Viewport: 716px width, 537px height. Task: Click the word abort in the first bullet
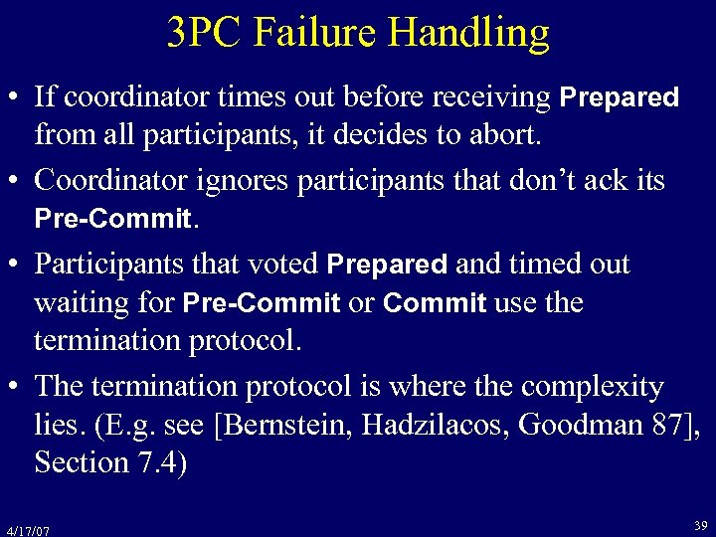(505, 135)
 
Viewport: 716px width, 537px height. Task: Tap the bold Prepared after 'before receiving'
(620, 97)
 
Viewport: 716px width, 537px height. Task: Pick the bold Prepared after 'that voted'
(387, 265)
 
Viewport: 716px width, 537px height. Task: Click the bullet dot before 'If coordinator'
(15, 98)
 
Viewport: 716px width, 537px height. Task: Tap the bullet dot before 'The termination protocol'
(15, 387)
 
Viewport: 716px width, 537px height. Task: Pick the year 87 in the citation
(669, 425)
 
